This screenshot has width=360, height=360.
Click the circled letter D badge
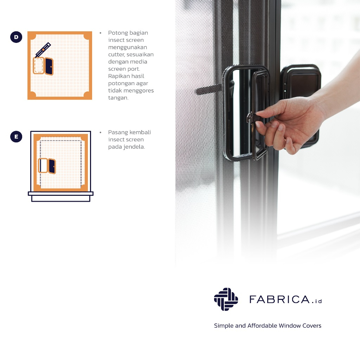[x=16, y=37]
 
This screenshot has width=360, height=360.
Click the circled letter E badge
[x=16, y=137]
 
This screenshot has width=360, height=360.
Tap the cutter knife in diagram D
[x=43, y=50]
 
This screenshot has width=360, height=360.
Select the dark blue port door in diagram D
[x=49, y=66]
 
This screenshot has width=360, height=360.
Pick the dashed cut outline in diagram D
[x=39, y=66]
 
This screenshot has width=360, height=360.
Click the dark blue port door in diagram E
[x=52, y=166]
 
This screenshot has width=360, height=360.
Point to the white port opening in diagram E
[x=43, y=165]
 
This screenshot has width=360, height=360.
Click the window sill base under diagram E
[x=60, y=197]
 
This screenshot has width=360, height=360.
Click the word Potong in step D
[x=118, y=33]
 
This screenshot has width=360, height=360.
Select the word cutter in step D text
[x=116, y=54]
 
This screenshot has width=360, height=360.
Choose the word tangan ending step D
[x=118, y=98]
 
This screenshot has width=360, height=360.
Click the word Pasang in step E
[x=118, y=133]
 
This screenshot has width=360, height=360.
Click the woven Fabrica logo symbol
[x=226, y=299]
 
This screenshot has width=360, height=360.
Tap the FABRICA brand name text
[x=279, y=300]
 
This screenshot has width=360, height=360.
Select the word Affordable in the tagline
[x=262, y=326]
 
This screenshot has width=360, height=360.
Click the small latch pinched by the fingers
[x=252, y=117]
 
